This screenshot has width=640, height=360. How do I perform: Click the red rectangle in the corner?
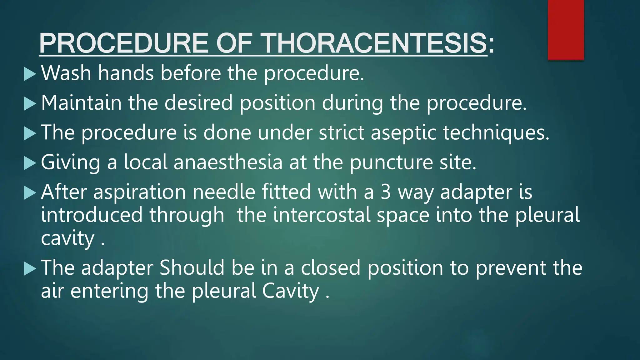566,30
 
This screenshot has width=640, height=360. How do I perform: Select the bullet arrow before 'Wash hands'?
30,74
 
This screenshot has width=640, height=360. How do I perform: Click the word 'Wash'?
66,73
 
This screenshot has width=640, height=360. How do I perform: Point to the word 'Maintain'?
81,102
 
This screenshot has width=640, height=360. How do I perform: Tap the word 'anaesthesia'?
228,162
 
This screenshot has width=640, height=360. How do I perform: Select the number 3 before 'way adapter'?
386,192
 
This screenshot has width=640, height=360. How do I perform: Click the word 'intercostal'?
322,215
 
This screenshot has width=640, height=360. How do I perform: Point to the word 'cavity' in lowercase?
67,239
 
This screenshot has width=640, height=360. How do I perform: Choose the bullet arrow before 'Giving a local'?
30,163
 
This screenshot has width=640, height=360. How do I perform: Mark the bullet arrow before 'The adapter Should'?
30,269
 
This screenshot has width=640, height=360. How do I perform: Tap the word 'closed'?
331,268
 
